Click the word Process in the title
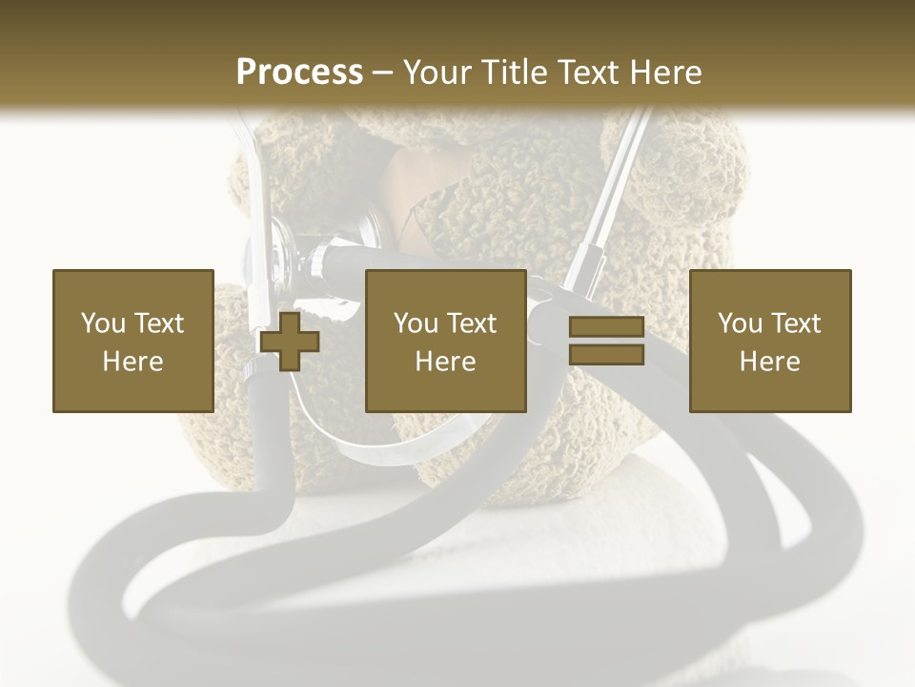299,73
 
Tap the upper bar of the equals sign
606,327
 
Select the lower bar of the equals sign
606,354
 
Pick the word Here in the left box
132,362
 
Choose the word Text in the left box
157,323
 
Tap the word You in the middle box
417,323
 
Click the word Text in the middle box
471,323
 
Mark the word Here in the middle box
445,362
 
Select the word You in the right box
741,323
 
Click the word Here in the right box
769,362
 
